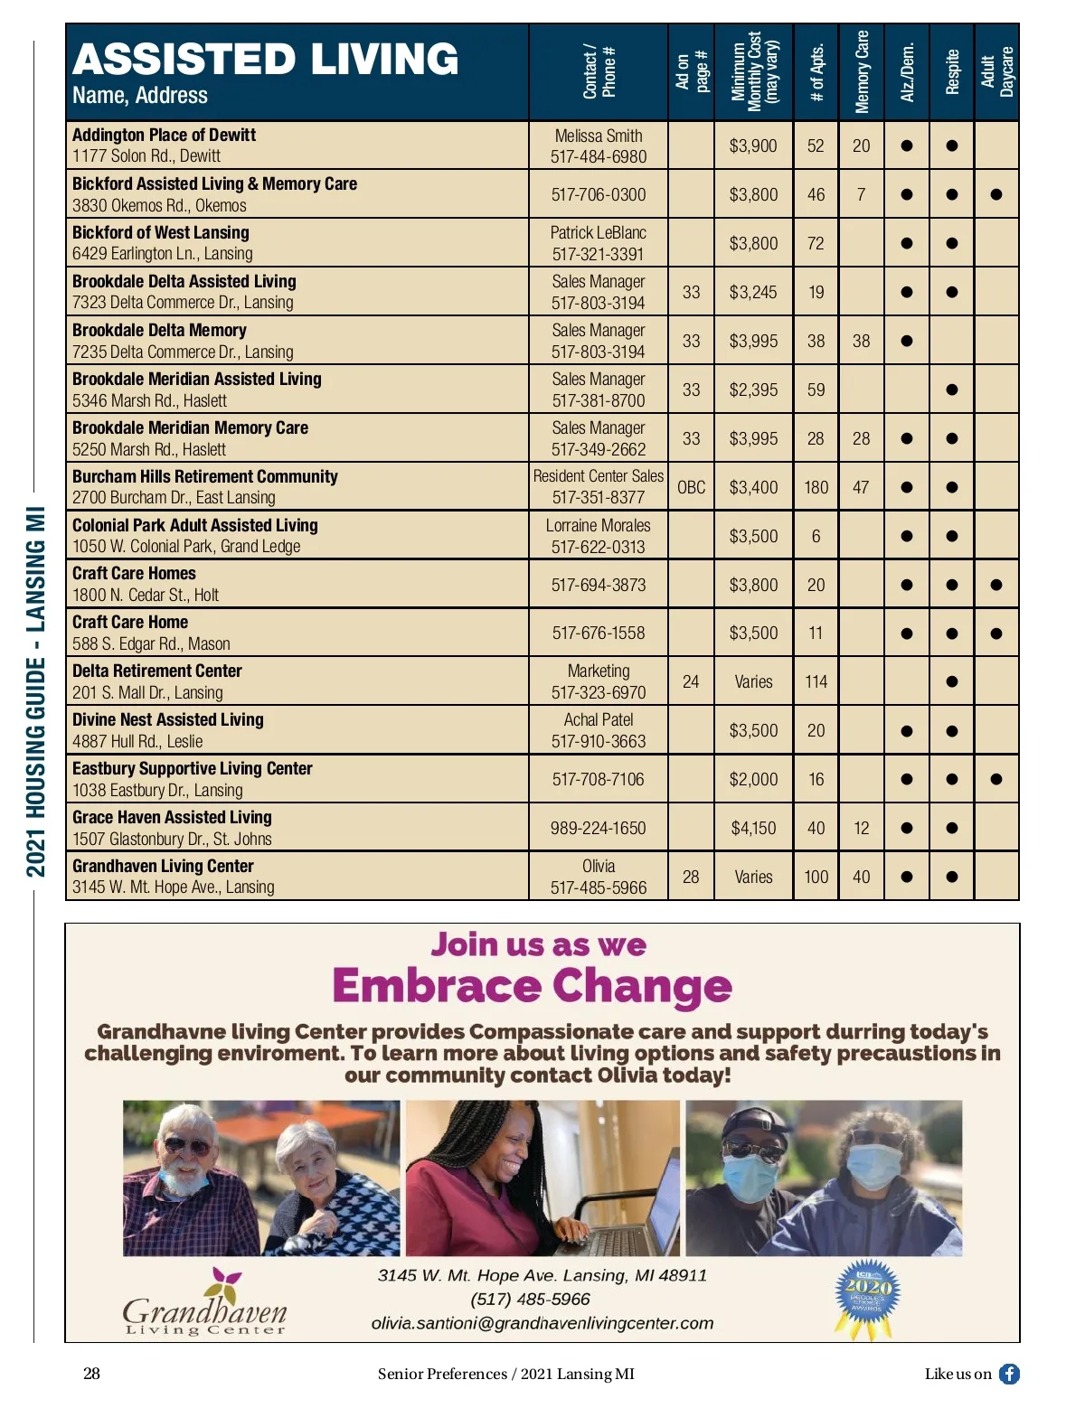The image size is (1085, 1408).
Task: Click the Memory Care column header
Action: (x=862, y=72)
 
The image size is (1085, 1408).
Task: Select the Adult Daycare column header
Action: (x=997, y=72)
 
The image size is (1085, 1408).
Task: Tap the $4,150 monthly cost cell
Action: (x=753, y=828)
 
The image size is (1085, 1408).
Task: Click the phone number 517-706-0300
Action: (x=599, y=194)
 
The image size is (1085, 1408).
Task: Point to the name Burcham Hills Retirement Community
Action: (x=205, y=476)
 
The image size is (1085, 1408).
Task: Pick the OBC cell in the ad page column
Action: (x=691, y=487)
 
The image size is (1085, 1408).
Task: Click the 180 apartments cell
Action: (x=816, y=487)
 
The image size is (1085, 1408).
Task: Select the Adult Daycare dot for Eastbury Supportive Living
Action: (x=996, y=779)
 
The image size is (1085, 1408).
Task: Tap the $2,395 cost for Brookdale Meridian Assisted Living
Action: (x=753, y=390)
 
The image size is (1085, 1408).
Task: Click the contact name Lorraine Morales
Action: (x=599, y=525)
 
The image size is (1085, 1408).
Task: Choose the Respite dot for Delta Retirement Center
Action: (x=951, y=681)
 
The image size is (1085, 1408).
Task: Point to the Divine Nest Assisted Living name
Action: (x=168, y=719)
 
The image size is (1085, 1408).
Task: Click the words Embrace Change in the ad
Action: (x=532, y=986)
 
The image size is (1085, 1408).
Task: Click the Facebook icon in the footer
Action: (x=1009, y=1374)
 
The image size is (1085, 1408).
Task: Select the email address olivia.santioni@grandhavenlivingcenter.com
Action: (x=542, y=1323)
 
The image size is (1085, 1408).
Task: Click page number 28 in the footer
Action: (x=91, y=1374)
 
